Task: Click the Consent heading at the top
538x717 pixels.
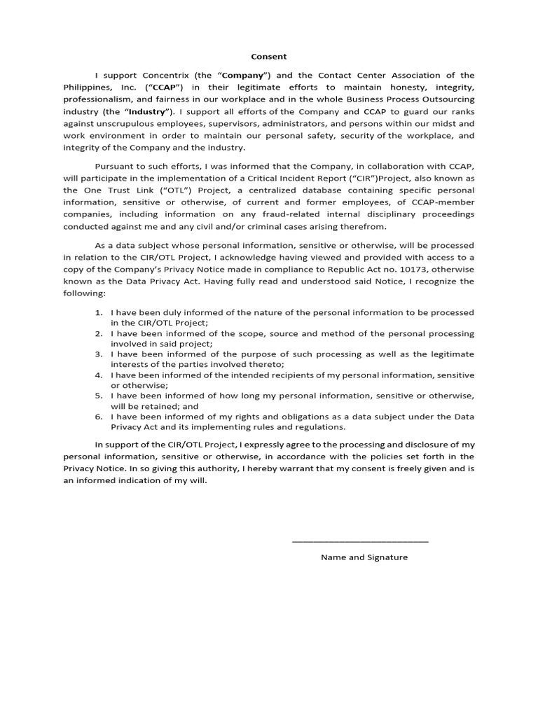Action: [269, 57]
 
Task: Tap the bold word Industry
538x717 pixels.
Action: [147, 111]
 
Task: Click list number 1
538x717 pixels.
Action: [99, 312]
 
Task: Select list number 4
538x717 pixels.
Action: [99, 375]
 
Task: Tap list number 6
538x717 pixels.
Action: [99, 417]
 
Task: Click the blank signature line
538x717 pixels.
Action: [359, 541]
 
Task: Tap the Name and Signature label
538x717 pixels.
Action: [364, 557]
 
